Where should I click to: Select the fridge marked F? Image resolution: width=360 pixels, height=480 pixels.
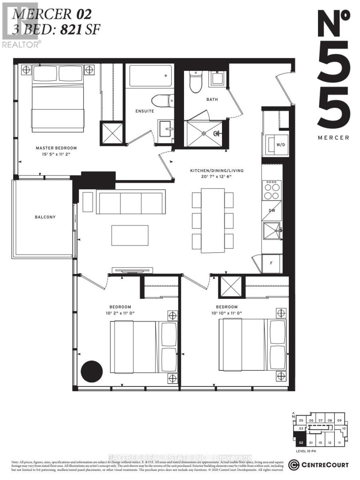(x=272, y=264)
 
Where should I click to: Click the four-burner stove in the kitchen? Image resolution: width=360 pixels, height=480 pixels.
(x=272, y=190)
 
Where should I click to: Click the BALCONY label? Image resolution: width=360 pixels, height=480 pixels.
(x=45, y=217)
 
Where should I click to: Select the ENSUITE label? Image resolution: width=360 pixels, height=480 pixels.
(x=144, y=111)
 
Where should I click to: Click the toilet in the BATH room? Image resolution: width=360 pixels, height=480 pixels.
(x=196, y=82)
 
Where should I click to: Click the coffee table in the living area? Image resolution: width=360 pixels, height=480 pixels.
(x=130, y=235)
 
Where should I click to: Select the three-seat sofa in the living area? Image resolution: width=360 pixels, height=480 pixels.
(x=131, y=202)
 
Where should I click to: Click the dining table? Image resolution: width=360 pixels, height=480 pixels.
(x=212, y=220)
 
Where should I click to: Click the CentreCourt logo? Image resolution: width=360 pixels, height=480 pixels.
(x=318, y=465)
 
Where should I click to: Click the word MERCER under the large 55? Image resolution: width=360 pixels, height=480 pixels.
(x=334, y=138)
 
